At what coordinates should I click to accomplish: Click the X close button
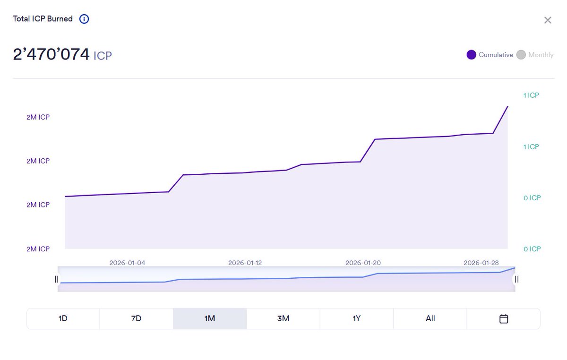click(548, 20)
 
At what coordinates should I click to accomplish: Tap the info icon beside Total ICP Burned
click(84, 19)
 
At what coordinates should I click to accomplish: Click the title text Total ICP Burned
click(43, 19)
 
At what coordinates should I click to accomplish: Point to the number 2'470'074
click(51, 54)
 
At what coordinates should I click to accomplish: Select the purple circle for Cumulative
click(471, 55)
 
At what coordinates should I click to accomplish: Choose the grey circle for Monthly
click(521, 55)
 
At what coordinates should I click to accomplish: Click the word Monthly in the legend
click(541, 55)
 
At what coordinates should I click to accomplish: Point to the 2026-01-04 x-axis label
click(127, 263)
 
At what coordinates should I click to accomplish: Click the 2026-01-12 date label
click(245, 263)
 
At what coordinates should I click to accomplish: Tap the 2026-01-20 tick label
click(363, 263)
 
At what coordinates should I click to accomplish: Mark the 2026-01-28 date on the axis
click(481, 263)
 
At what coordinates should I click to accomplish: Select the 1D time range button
click(63, 318)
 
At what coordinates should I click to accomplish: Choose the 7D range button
click(136, 318)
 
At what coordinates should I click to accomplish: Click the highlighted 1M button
click(210, 318)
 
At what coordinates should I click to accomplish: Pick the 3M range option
click(283, 318)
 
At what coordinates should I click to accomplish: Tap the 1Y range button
click(357, 318)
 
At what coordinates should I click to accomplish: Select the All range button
click(430, 318)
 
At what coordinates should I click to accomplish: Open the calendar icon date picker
click(504, 319)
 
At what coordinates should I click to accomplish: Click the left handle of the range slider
click(57, 279)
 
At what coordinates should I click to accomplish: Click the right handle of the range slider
click(516, 279)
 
